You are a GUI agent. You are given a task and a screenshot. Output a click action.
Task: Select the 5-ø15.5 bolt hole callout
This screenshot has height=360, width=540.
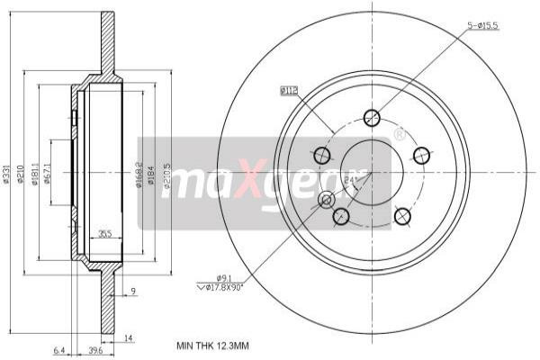click(482, 25)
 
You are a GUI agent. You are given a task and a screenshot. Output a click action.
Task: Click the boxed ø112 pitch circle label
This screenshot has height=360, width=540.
click(289, 90)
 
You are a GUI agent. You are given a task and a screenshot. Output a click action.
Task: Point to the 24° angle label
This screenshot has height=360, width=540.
click(349, 181)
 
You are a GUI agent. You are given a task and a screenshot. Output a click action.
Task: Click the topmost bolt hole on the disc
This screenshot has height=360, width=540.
click(372, 117)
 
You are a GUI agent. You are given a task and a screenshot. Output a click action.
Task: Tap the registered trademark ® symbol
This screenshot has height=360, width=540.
click(398, 135)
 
